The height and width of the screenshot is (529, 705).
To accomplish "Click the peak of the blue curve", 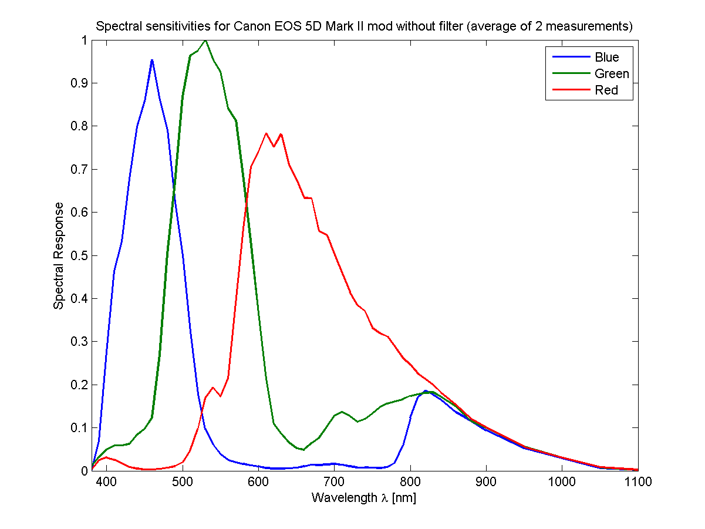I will tap(152, 60).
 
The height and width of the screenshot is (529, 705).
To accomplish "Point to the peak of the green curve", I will tap(205, 41).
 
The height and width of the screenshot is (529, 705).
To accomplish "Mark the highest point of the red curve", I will tap(266, 133).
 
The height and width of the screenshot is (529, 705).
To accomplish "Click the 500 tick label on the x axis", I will tap(183, 482).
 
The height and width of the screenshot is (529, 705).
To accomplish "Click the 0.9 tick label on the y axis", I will tap(79, 83).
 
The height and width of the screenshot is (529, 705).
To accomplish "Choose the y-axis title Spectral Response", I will tap(59, 255).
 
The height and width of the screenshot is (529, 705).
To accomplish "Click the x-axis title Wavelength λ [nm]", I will tap(364, 498).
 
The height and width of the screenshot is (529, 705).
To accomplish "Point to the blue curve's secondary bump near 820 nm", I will tap(425, 390).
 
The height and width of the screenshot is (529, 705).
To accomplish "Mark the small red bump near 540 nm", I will tap(213, 388).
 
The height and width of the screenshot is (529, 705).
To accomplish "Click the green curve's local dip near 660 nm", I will tap(303, 450).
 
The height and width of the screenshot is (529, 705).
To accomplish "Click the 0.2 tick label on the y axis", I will tap(79, 385).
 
